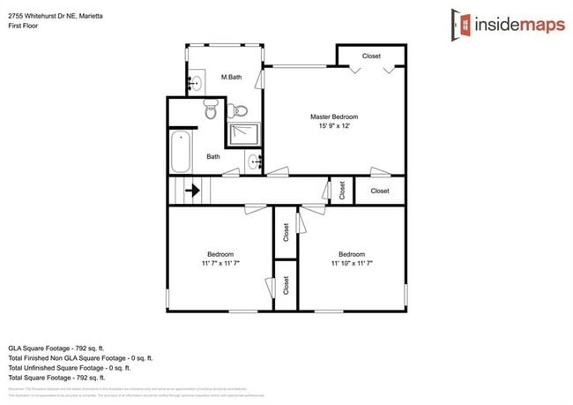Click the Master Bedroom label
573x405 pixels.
[333, 116]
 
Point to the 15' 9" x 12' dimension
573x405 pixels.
[333, 126]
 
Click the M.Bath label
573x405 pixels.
[231, 78]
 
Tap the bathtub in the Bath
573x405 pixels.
[182, 151]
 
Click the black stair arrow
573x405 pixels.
[191, 190]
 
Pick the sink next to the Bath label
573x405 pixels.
[255, 161]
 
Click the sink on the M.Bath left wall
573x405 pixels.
[195, 84]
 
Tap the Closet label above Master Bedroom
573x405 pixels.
[371, 56]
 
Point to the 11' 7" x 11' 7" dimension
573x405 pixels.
[220, 263]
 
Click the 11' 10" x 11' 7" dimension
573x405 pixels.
[351, 263]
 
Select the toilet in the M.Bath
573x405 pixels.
[238, 111]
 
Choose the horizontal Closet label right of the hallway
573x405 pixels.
[379, 191]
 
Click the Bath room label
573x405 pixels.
[213, 157]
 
